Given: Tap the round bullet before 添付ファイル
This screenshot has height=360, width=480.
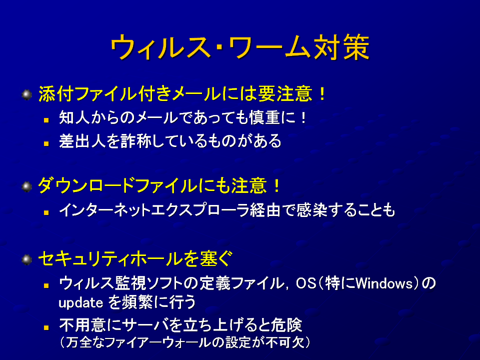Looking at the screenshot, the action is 27,94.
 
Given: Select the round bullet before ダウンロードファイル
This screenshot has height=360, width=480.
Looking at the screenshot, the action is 27,186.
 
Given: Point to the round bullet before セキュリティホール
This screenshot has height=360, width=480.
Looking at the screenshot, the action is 27,260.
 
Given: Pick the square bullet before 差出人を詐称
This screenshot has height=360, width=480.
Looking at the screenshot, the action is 46,143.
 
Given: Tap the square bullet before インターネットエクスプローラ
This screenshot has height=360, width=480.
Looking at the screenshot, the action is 46,212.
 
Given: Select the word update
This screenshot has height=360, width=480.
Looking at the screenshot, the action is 81,303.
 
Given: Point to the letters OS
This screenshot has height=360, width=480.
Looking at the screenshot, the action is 306,283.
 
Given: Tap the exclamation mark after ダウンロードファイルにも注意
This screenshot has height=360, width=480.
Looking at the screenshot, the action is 277,186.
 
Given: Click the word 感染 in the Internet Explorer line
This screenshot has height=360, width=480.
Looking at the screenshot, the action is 312,210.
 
